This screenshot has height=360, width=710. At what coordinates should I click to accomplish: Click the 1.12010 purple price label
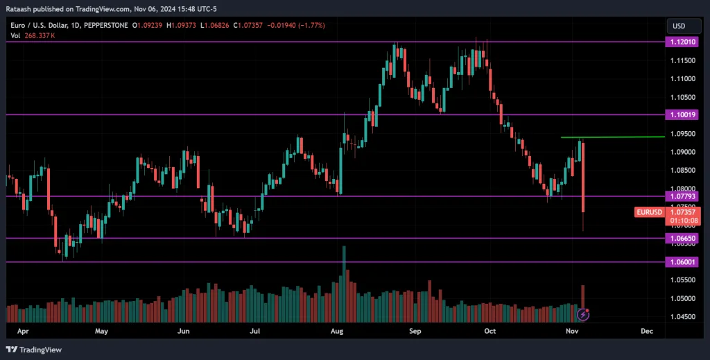point(682,42)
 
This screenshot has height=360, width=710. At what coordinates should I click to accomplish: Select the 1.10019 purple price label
point(682,114)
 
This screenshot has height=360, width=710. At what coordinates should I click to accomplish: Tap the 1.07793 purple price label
point(682,196)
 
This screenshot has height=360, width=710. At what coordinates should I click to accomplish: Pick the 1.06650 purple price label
point(682,238)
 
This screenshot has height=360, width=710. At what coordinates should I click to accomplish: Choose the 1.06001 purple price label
point(682,262)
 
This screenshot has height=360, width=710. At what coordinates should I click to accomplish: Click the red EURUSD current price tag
point(649,212)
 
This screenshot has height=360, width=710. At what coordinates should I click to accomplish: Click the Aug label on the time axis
point(338,332)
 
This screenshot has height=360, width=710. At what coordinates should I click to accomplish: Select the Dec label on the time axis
point(647,332)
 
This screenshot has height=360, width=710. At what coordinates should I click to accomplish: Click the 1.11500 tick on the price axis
point(682,60)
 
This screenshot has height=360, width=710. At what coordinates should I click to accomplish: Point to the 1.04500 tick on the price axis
point(682,316)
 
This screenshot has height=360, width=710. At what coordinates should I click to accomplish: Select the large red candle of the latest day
point(583,177)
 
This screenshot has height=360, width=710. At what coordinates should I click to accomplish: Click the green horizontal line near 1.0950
point(610,137)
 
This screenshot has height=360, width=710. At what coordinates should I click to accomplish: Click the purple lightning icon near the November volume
point(583,314)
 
